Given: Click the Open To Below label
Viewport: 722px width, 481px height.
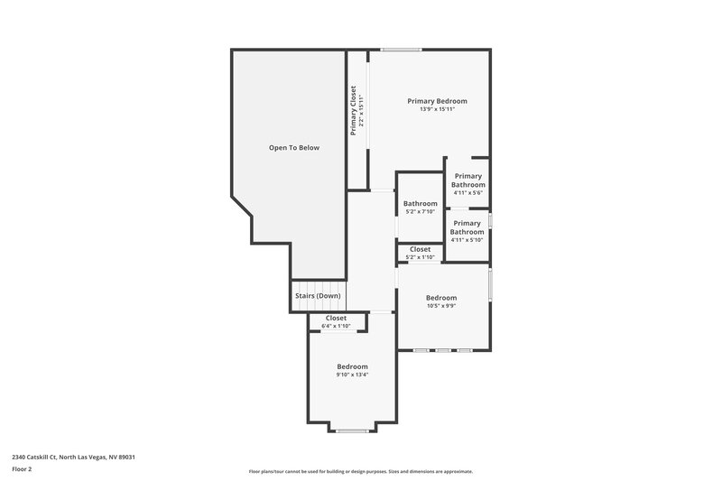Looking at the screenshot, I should pyautogui.click(x=294, y=147).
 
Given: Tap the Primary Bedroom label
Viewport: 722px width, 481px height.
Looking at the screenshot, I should pyautogui.click(x=437, y=101).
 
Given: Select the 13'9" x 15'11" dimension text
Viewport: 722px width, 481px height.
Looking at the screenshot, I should pyautogui.click(x=437, y=110).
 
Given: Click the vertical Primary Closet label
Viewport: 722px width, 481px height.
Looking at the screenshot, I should pyautogui.click(x=355, y=110).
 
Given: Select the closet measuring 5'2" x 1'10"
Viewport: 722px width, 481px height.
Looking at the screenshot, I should pyautogui.click(x=420, y=253).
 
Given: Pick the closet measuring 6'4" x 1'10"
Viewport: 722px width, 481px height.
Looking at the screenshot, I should pyautogui.click(x=336, y=321).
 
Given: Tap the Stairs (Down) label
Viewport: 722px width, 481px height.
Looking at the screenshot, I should pyautogui.click(x=318, y=296).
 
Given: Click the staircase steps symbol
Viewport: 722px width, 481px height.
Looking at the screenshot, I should pyautogui.click(x=318, y=307).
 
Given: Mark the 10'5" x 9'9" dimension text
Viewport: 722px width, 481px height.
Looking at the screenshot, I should pyautogui.click(x=441, y=306).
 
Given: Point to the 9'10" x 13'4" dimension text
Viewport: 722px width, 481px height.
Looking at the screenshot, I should pyautogui.click(x=352, y=375).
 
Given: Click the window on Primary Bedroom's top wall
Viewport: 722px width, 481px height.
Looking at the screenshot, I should pyautogui.click(x=401, y=49).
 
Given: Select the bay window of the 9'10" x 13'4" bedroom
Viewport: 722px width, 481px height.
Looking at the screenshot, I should pyautogui.click(x=352, y=430).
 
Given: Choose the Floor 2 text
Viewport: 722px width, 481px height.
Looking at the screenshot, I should pyautogui.click(x=23, y=469).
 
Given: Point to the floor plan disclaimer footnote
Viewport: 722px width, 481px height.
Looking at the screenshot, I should pyautogui.click(x=361, y=471).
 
